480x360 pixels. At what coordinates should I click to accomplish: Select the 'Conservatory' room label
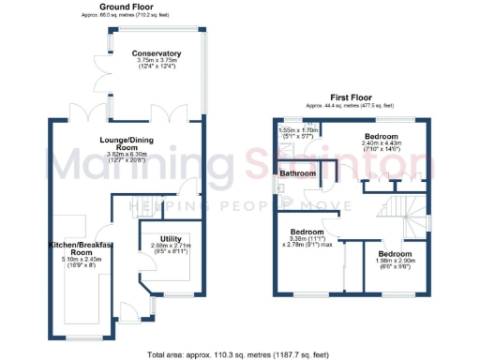[x=157, y=53]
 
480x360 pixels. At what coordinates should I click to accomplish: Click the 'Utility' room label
[x=170, y=239]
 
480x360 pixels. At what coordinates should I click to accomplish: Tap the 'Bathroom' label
[x=297, y=173]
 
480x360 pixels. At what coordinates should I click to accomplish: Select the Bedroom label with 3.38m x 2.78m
[x=307, y=231]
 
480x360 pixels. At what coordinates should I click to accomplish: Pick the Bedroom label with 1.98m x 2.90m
[x=394, y=254]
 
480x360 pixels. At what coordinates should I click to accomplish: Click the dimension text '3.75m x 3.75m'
[x=157, y=61]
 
